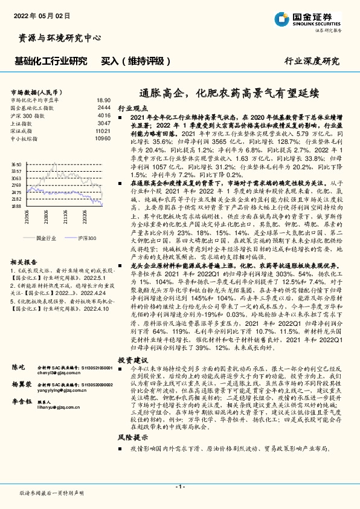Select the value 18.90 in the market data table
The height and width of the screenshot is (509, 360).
103,100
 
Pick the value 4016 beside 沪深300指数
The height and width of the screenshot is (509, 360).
104,114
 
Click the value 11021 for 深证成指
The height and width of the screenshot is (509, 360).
103,130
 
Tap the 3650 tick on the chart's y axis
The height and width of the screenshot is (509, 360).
16,164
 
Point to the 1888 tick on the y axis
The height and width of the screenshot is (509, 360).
16,206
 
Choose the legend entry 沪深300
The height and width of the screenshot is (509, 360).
87,239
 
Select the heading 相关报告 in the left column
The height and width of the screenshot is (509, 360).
24,261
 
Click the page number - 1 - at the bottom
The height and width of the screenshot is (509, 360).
179,486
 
